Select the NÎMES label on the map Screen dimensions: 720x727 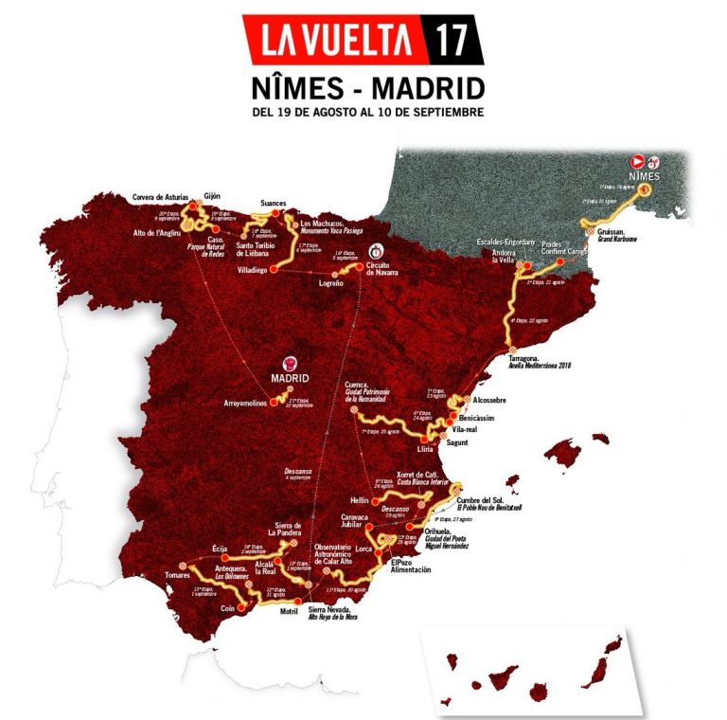coord(648,176)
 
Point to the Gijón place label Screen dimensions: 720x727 coord(212,196)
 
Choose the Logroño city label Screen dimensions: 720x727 coord(325,281)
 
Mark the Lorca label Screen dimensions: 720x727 coord(365,548)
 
